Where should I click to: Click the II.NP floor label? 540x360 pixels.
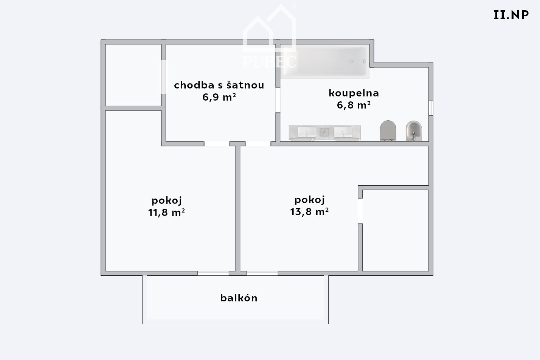511,15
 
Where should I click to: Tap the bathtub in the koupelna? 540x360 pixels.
324,61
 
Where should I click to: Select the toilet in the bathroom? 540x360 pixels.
388,131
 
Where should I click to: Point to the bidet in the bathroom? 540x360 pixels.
414,131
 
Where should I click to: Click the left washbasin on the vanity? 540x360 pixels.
307,132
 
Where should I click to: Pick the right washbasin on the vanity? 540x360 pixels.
343,132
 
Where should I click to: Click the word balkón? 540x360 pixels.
239,298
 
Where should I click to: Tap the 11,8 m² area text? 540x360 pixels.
166,213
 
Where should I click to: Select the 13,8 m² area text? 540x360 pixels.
309,212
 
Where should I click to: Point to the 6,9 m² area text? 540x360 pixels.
219,97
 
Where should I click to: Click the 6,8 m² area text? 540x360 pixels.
354,105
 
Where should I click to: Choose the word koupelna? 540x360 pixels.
354,93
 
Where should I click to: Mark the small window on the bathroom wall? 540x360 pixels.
431,108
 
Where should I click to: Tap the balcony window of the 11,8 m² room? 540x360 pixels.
213,273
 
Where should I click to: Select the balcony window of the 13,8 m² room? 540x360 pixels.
262,273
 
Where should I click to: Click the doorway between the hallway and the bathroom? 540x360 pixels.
278,100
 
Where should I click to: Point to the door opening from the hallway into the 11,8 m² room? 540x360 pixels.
216,144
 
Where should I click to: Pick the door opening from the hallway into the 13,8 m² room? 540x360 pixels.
258,144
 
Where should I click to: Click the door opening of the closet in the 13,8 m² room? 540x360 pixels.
360,211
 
